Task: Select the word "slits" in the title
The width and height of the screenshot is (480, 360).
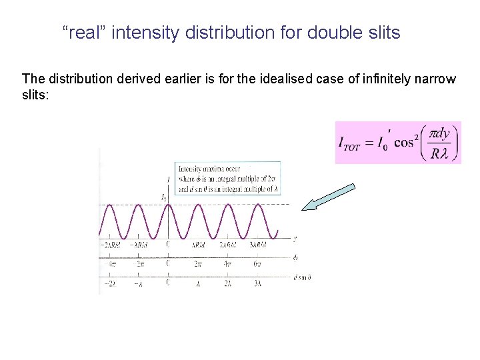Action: [381, 33]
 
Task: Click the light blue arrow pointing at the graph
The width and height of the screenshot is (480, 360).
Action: [328, 197]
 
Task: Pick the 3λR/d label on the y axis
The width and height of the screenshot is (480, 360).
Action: [257, 245]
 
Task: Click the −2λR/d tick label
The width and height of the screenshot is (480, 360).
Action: [109, 245]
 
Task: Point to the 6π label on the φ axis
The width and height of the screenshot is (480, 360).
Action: [257, 264]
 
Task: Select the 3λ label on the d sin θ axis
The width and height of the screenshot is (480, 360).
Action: [257, 283]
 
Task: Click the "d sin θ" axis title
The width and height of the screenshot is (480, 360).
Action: [302, 277]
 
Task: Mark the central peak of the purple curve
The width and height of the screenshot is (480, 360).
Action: [167, 205]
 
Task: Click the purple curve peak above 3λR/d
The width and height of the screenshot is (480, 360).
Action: [257, 205]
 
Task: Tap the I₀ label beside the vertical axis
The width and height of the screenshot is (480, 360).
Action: [163, 197]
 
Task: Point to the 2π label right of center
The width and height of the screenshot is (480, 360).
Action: [198, 264]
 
